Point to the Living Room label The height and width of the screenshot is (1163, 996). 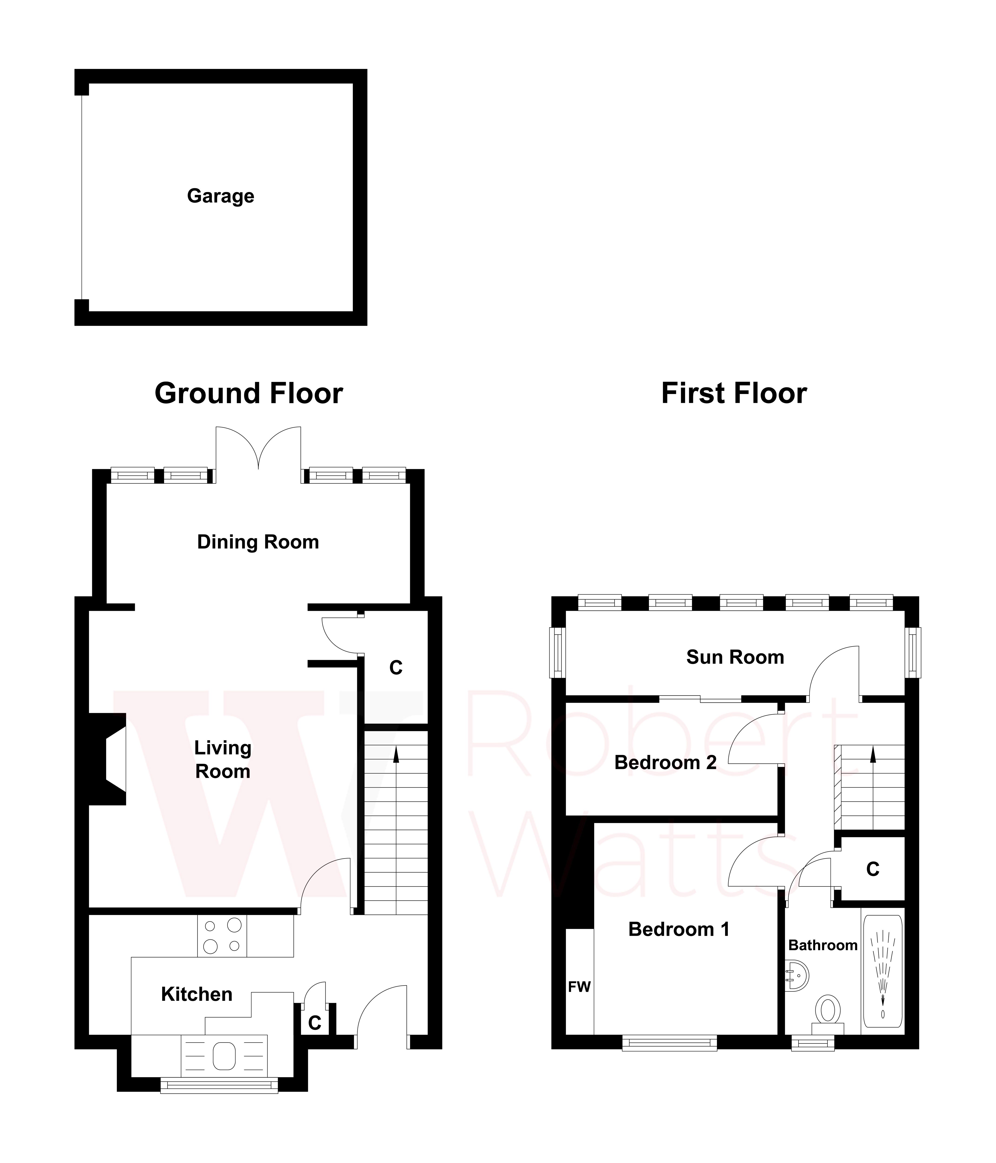[x=223, y=759]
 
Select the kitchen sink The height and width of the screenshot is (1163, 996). [x=224, y=1056]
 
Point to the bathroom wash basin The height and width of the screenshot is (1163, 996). [x=796, y=976]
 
